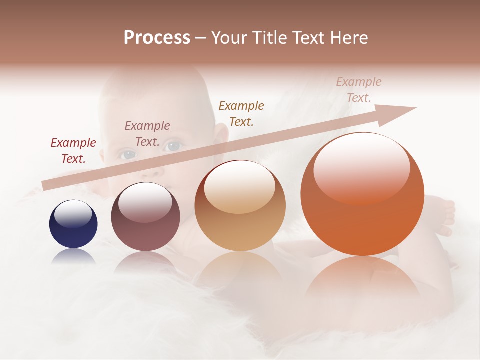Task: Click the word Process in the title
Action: pos(157,38)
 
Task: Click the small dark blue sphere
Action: pos(73,224)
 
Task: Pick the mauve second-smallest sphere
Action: pos(145,217)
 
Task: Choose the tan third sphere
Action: pos(240,206)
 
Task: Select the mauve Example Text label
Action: pos(147,134)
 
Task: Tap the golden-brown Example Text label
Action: pos(241,113)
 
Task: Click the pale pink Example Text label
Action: pos(358,90)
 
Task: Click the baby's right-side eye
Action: pos(173,146)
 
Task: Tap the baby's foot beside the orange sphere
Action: pos(443,215)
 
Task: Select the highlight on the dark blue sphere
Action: pos(73,214)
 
